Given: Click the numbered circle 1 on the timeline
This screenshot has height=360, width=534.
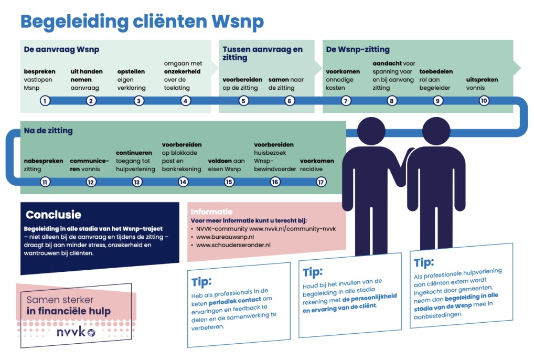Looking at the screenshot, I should [45, 101].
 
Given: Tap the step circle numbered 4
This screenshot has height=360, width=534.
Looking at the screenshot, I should [186, 101].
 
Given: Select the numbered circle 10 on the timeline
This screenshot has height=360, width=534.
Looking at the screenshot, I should [484, 101].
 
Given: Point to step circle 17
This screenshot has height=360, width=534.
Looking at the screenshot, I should [321, 182].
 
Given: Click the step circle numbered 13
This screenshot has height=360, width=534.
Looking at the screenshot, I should [137, 182].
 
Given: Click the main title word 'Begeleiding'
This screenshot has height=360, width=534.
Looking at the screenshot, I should [74, 22].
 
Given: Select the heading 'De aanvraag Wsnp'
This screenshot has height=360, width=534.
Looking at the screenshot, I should [61, 50].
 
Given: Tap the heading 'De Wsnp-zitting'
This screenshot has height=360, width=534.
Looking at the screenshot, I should [358, 50].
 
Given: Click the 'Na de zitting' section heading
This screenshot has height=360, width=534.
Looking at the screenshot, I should [48, 131].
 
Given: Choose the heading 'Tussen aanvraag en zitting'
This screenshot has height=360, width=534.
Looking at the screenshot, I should [262, 54].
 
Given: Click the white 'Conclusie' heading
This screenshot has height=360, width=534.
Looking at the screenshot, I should [54, 215].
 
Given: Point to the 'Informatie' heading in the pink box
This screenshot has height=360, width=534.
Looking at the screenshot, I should [211, 212].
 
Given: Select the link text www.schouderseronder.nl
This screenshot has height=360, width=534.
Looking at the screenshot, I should [233, 245].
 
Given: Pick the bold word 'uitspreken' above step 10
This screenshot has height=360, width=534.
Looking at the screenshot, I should [482, 80].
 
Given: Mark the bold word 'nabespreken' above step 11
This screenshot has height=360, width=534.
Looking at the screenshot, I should [44, 161].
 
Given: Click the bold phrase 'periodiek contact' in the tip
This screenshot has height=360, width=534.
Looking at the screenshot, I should [231, 303].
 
